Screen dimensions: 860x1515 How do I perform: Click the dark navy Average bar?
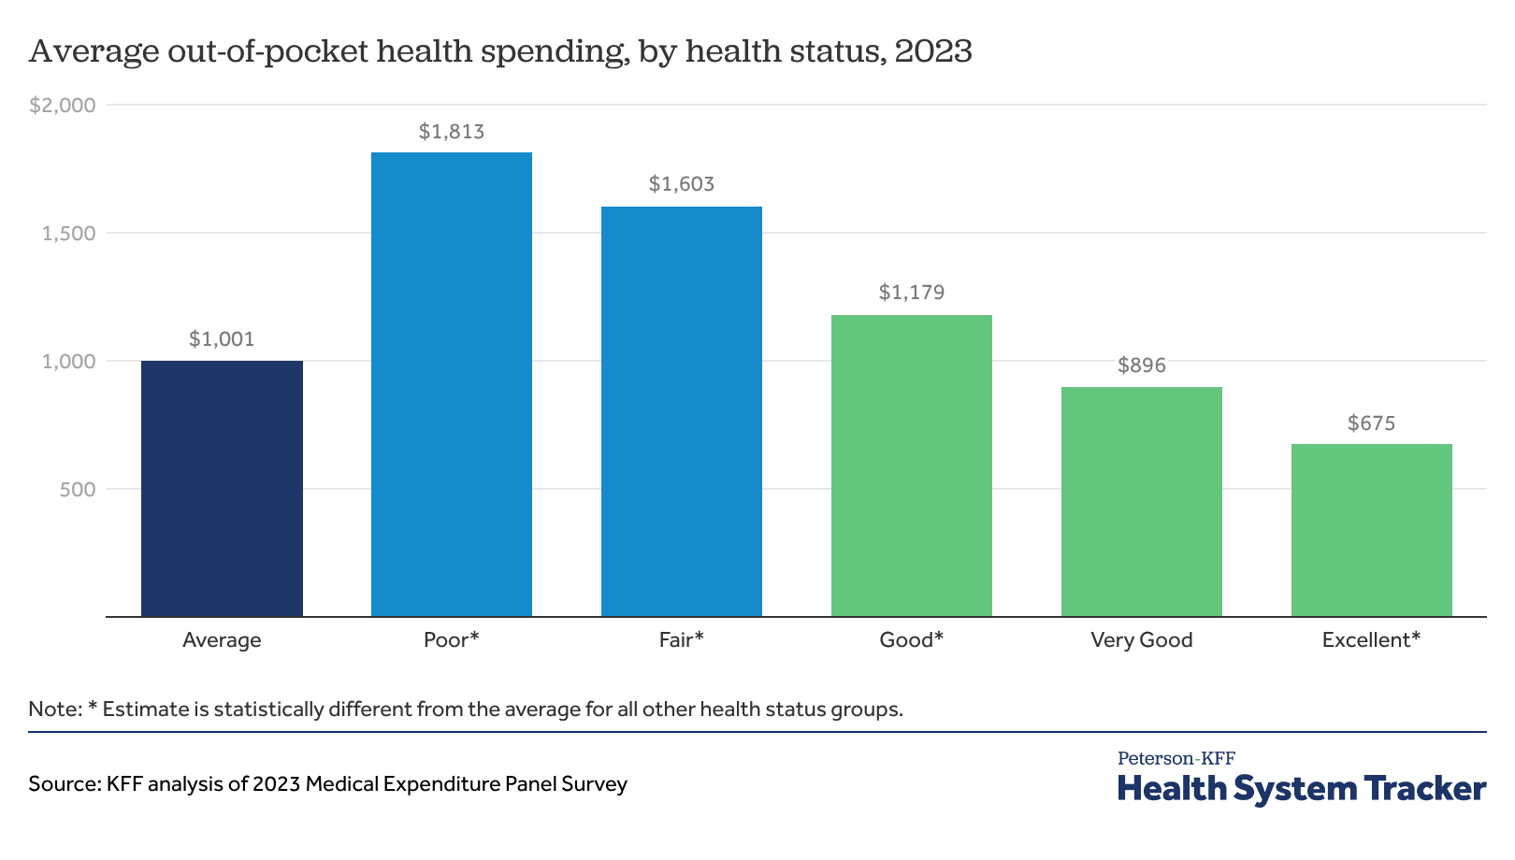(222, 488)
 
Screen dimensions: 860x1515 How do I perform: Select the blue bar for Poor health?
(452, 384)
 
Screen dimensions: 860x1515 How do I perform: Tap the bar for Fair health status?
(682, 411)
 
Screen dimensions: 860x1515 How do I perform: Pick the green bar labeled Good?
(912, 466)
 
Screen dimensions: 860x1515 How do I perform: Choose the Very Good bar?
(1142, 501)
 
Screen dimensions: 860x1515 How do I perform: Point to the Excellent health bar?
(1372, 530)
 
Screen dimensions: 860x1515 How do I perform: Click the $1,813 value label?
(452, 132)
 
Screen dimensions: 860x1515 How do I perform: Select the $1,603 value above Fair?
(682, 184)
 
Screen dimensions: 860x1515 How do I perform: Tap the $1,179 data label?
(912, 293)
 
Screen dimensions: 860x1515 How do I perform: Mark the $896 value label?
(1142, 365)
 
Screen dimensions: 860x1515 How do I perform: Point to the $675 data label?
(1372, 423)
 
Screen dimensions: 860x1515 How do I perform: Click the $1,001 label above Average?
(222, 339)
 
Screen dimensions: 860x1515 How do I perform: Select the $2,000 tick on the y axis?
(63, 106)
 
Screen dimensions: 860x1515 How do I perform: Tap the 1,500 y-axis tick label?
(69, 234)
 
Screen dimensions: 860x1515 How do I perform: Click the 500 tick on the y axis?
(78, 490)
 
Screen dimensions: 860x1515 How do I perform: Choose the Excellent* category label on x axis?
(1371, 640)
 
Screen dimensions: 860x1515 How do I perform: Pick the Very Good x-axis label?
(1142, 640)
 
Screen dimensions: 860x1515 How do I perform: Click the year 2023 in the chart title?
(933, 50)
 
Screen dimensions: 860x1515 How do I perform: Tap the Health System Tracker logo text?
(1302, 789)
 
